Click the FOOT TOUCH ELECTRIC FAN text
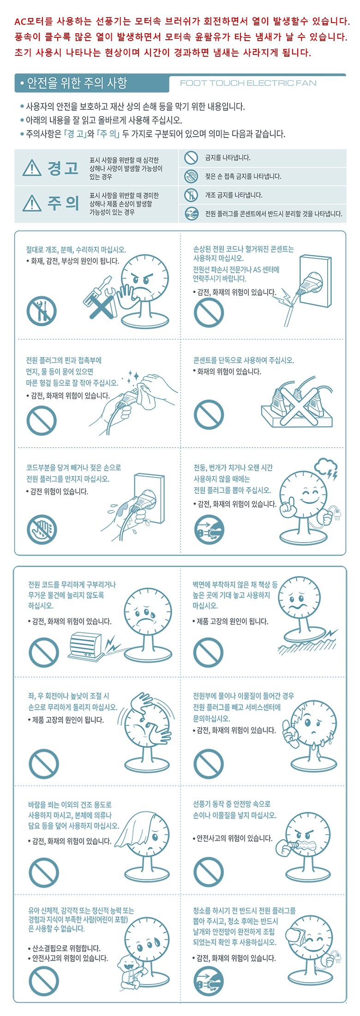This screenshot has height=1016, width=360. pyautogui.click(x=248, y=83)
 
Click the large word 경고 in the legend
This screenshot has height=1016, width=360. pyautogui.click(x=63, y=168)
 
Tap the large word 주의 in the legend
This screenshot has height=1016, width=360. pyautogui.click(x=63, y=203)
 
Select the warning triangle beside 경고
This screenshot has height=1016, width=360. pyautogui.click(x=32, y=168)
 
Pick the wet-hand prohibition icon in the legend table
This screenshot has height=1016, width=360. pyautogui.click(x=191, y=176)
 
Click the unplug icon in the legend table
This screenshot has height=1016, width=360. pyautogui.click(x=191, y=214)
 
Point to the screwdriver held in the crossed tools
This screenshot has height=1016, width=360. pyautogui.click(x=96, y=290)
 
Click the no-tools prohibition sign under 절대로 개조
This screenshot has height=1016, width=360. pyautogui.click(x=42, y=311)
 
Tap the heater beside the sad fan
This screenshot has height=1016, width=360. pyautogui.click(x=85, y=646)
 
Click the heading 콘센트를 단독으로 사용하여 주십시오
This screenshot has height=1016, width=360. pyautogui.click(x=243, y=360)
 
